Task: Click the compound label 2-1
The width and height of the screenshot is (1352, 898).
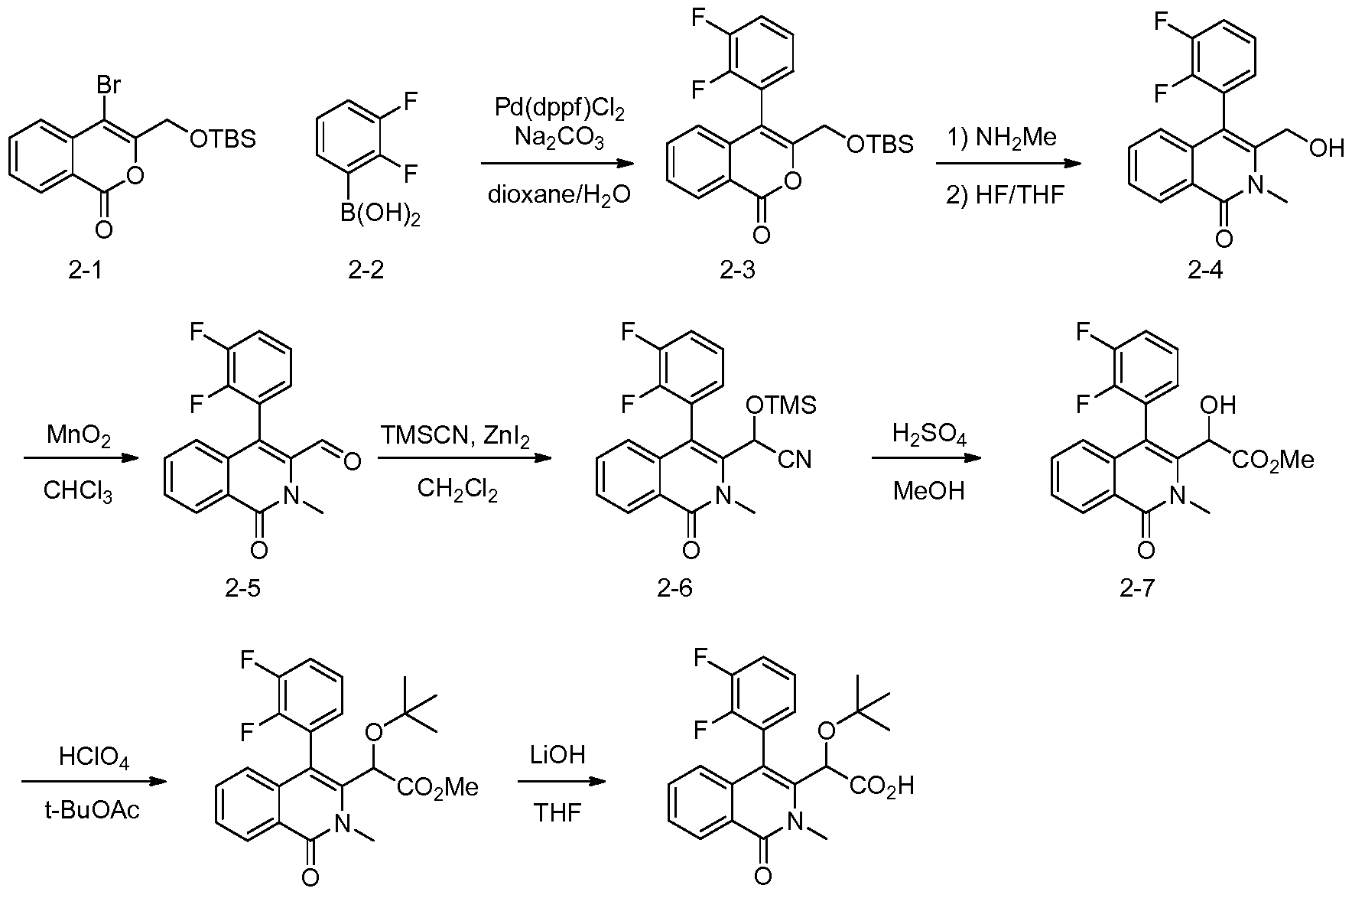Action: pyautogui.click(x=84, y=270)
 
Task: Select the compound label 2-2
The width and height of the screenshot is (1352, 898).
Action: pyautogui.click(x=366, y=270)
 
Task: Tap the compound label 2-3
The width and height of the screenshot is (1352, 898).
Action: pyautogui.click(x=737, y=270)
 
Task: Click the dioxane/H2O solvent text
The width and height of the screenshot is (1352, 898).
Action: pyautogui.click(x=559, y=195)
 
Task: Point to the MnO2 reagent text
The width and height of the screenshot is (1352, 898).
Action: pyautogui.click(x=79, y=437)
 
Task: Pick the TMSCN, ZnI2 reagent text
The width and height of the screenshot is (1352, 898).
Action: pyautogui.click(x=457, y=437)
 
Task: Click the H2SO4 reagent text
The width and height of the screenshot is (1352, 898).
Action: pyautogui.click(x=929, y=437)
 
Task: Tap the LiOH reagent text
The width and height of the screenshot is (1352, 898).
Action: pyautogui.click(x=557, y=755)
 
